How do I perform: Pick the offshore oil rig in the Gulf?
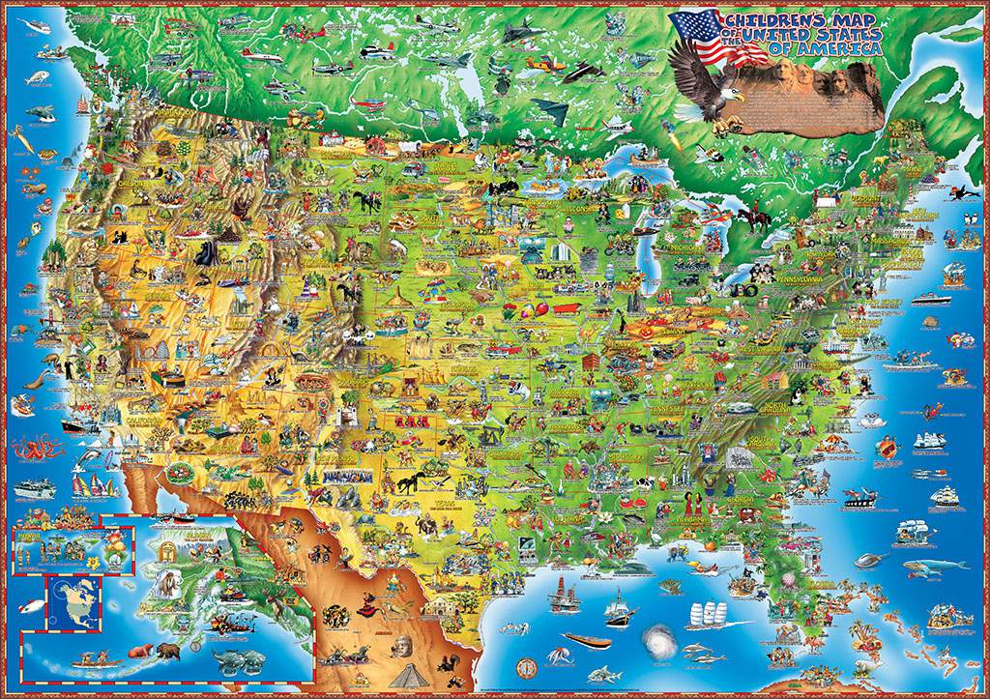tap(559, 595)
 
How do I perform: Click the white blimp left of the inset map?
tap(29, 607)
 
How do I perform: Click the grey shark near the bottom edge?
tap(601, 673)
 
